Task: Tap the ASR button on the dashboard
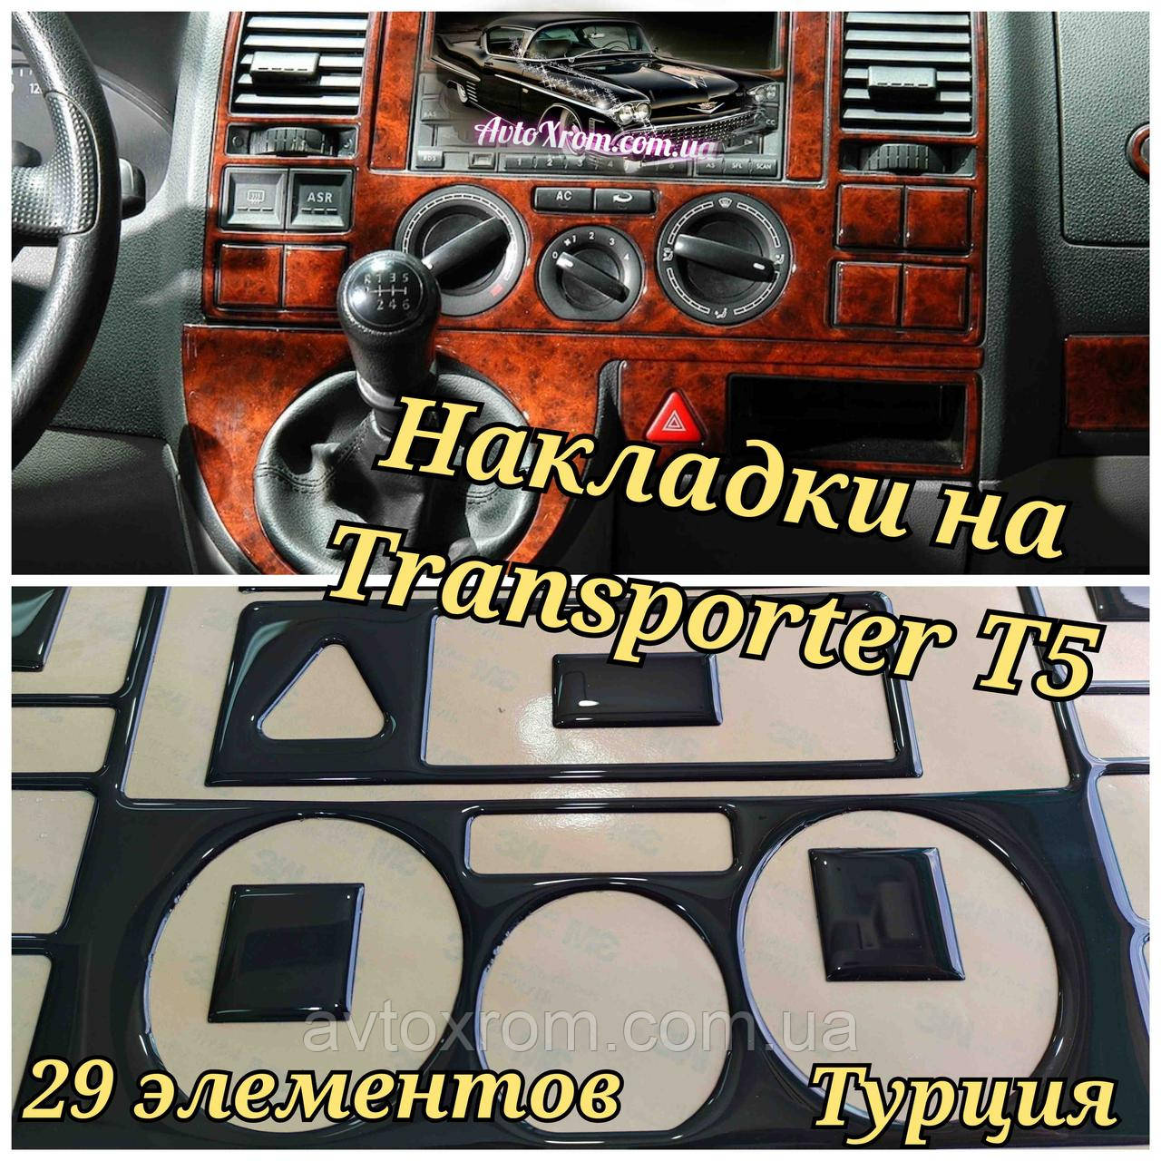[x=318, y=199]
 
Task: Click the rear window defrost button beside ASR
[x=254, y=199]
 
